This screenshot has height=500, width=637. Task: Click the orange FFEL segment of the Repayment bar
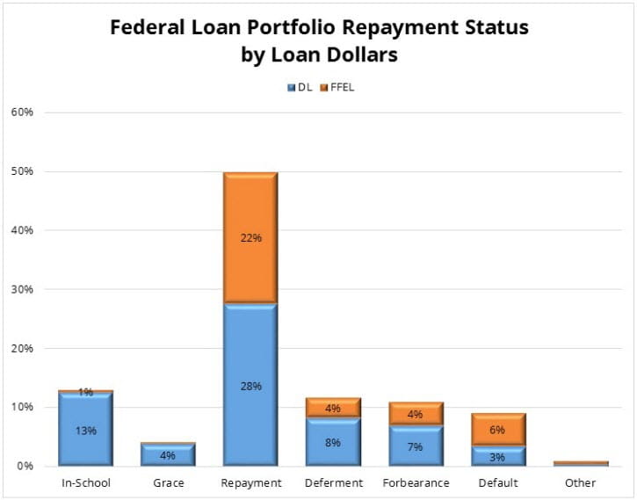(x=250, y=237)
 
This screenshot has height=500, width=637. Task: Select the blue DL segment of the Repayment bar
(x=250, y=385)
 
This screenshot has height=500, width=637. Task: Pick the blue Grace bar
(x=169, y=455)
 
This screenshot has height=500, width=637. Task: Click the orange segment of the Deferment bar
(x=333, y=408)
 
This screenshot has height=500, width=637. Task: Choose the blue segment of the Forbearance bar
(x=416, y=446)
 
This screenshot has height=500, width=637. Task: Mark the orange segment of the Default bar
(x=498, y=430)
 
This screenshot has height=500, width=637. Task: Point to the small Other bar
(x=581, y=463)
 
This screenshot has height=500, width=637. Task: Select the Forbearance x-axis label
(x=416, y=483)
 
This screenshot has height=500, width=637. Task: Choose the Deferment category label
(x=333, y=483)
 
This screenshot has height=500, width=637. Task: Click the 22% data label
(x=250, y=237)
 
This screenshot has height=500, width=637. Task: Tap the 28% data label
(x=250, y=385)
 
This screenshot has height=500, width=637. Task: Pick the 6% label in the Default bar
(x=498, y=430)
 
